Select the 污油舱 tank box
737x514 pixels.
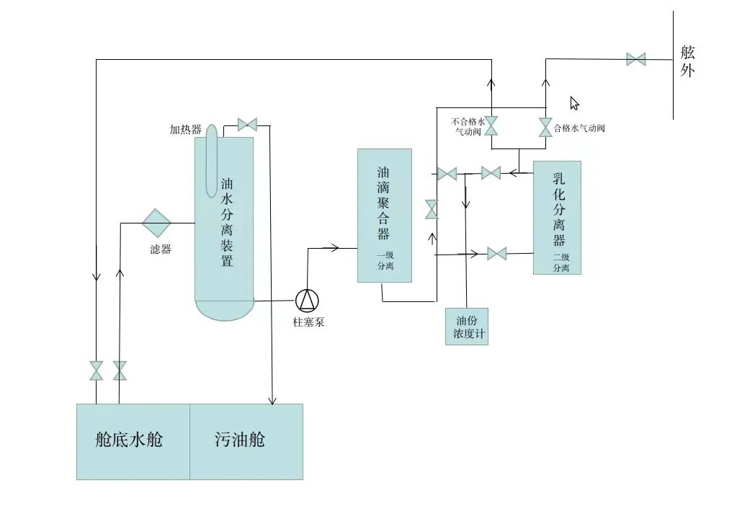pos(246,441)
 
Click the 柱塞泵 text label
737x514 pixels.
pos(308,322)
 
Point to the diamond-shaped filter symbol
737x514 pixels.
pos(156,223)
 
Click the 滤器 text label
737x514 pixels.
pos(161,249)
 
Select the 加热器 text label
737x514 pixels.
pos(185,130)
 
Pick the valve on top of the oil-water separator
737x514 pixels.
pos(247,125)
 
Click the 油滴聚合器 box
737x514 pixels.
pos(385,215)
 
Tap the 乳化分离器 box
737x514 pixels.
pos(557,216)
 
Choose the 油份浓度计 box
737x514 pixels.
pos(467,327)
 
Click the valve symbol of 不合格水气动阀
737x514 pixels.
pos(491,126)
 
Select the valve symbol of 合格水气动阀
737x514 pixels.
pos(545,128)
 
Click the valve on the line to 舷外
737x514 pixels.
pos(635,59)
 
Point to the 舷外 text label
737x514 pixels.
pos(687,61)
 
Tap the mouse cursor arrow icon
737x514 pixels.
pos(574,103)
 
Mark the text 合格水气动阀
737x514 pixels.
pos(579,128)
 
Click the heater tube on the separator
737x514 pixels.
pos(211,159)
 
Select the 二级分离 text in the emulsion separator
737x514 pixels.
pos(561,262)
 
